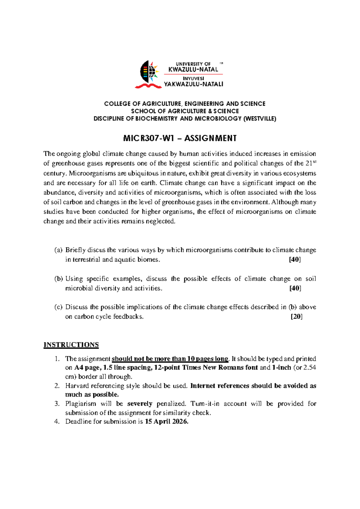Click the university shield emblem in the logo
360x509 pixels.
pyautogui.click(x=148, y=72)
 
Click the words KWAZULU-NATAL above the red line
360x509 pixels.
pyautogui.click(x=193, y=70)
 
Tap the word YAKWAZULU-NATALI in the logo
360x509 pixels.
pyautogui.click(x=193, y=84)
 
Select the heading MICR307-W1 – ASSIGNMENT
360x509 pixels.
pyautogui.click(x=180, y=138)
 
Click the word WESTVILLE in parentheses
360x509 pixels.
pyautogui.click(x=259, y=119)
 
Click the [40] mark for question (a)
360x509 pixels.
pyautogui.click(x=295, y=260)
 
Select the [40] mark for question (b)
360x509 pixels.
pyautogui.click(x=295, y=288)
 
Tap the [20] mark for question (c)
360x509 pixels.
pyautogui.click(x=296, y=317)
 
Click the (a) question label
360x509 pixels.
pyautogui.click(x=58, y=250)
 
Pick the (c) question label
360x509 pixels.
pyautogui.click(x=58, y=307)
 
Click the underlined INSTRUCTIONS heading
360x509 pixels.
pyautogui.click(x=71, y=345)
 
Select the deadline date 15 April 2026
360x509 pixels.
pyautogui.click(x=166, y=422)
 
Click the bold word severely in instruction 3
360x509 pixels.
pyautogui.click(x=140, y=404)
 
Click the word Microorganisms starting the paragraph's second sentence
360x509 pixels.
pyautogui.click(x=91, y=173)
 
